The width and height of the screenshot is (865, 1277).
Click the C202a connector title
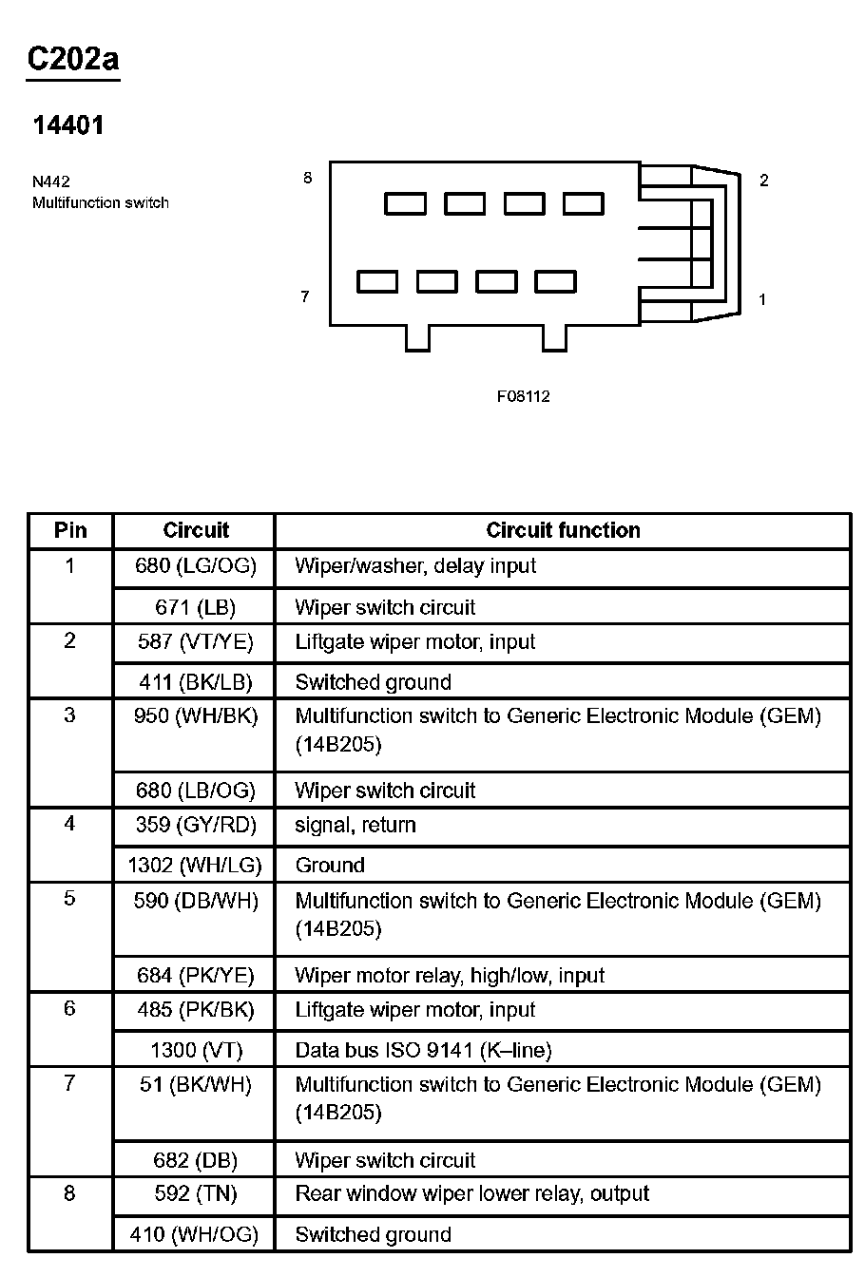tap(73, 59)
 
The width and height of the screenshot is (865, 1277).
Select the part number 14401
tap(68, 125)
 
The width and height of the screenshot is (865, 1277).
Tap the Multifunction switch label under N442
tap(101, 202)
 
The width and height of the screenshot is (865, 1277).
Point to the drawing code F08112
tap(523, 396)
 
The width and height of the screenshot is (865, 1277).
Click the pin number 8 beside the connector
tap(307, 178)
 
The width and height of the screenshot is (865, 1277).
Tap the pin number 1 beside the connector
tap(762, 299)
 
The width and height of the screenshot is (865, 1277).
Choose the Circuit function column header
tap(563, 530)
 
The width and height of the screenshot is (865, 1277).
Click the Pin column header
tap(70, 530)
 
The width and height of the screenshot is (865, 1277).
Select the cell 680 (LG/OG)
tap(196, 566)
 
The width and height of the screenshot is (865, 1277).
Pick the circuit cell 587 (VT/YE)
tap(196, 642)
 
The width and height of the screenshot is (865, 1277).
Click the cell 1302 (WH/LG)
tap(195, 866)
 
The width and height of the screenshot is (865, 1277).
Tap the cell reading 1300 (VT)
tap(196, 1050)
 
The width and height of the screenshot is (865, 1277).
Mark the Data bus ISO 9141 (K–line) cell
tap(423, 1050)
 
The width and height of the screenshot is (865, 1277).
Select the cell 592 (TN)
tap(196, 1194)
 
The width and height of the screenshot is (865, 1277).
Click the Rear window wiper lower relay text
tap(472, 1194)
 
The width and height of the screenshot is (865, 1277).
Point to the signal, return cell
tap(356, 825)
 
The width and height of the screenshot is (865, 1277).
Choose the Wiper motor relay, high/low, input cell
tap(450, 975)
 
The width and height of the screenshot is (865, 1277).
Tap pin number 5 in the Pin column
tap(69, 899)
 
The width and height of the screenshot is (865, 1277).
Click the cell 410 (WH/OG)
tap(195, 1235)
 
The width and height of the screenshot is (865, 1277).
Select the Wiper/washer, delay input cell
tap(415, 566)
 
